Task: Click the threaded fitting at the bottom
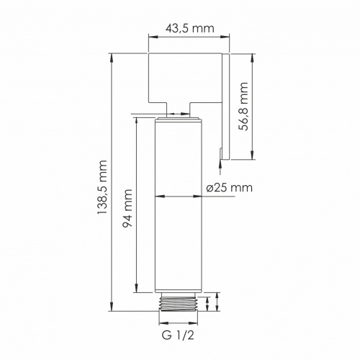coord(179,302)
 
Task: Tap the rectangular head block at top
coord(184,76)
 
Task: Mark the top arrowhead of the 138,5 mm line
coord(112,56)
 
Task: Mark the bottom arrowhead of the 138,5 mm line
coord(112,309)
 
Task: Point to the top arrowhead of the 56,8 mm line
coord(253,56)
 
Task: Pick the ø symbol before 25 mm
coord(210,187)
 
